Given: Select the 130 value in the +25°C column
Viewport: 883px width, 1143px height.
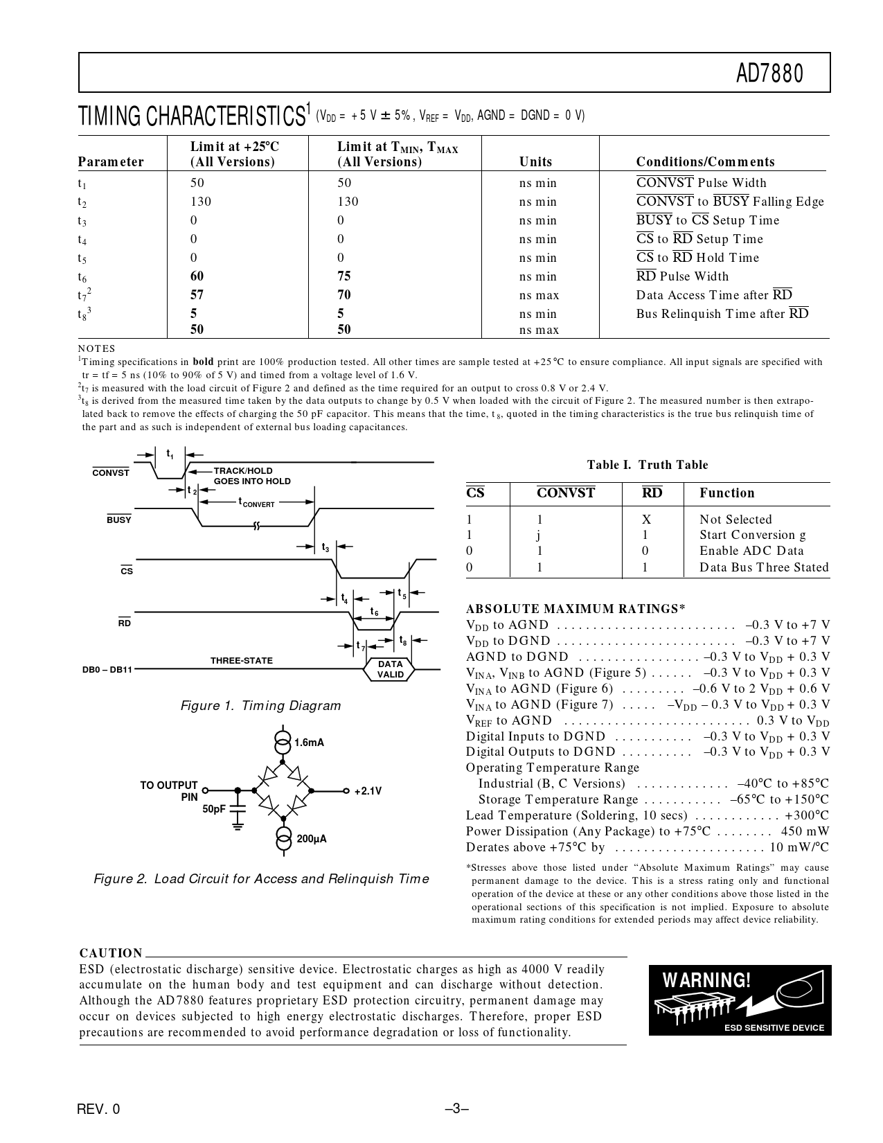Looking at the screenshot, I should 201,202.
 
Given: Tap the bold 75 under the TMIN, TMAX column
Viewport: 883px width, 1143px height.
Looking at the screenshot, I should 344,276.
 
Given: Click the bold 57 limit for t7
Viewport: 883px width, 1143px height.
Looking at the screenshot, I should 197,295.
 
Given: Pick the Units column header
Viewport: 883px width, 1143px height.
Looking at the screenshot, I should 536,162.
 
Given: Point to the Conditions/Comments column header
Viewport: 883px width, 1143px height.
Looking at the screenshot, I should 705,162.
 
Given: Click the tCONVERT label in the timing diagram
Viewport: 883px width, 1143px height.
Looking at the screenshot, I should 256,502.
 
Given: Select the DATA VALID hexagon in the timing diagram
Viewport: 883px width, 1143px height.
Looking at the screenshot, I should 390,669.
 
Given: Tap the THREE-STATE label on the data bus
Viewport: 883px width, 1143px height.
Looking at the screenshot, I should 242,661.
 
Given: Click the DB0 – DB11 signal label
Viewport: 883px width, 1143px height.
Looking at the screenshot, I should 107,670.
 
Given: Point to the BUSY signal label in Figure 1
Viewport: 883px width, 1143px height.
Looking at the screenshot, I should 119,520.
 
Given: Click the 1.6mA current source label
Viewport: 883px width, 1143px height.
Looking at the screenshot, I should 309,743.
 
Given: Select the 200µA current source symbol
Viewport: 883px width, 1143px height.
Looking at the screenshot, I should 283,838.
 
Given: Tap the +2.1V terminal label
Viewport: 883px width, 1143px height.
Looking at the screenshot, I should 368,791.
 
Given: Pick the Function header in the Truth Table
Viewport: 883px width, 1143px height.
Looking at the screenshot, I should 726,493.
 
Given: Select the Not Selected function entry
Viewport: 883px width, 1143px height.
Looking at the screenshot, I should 735,520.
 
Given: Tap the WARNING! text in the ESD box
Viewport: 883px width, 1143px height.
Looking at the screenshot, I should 706,981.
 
